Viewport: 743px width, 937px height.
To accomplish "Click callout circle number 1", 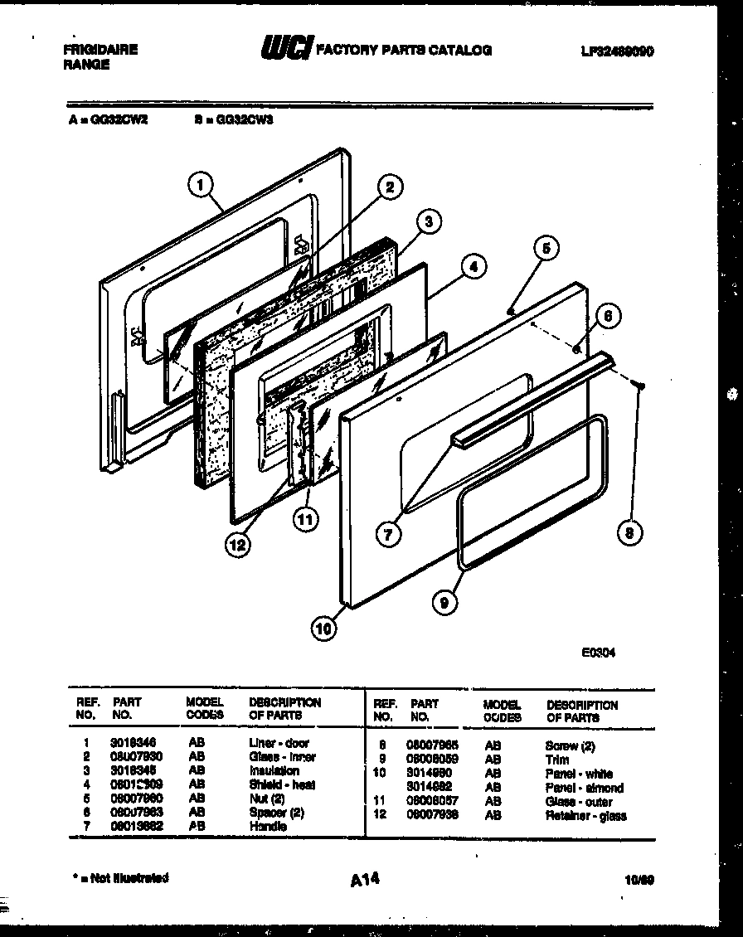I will (201, 185).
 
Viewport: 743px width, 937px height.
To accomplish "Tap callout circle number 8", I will (630, 533).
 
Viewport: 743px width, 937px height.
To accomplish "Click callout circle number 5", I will (545, 247).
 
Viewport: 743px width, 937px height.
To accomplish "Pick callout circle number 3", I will (428, 221).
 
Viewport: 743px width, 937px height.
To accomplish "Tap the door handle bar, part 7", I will (531, 397).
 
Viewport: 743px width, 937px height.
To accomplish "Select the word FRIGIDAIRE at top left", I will (100, 50).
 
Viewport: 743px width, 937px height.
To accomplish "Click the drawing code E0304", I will (598, 653).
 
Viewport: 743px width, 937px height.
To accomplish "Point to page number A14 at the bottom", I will (365, 878).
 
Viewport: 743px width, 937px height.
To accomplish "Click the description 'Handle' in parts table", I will (267, 827).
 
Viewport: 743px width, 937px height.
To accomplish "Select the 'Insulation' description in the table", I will (274, 770).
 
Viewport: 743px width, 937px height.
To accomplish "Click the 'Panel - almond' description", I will (584, 788).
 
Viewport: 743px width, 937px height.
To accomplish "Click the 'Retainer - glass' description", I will (585, 816).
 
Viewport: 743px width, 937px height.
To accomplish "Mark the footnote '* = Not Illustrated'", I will (117, 877).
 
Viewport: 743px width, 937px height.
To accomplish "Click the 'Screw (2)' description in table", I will (570, 746).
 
